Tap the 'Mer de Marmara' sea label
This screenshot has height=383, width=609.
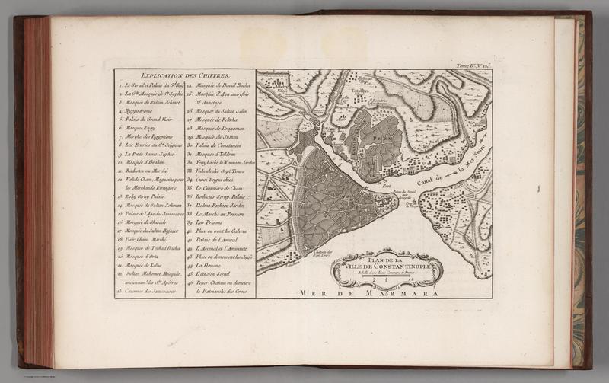click(372, 292)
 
